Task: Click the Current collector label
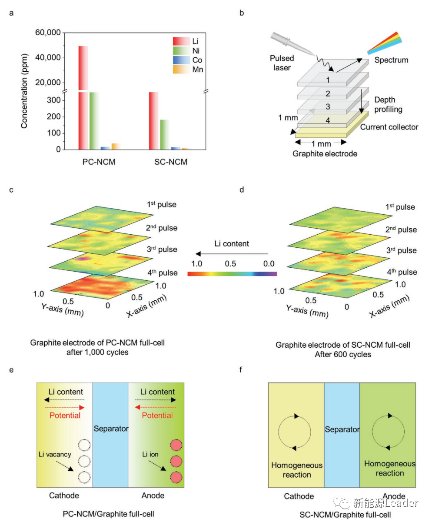tap(389, 127)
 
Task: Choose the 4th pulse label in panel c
tap(162, 273)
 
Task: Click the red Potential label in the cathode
tap(65, 415)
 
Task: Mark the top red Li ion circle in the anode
tap(176, 446)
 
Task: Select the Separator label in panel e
tap(111, 429)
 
